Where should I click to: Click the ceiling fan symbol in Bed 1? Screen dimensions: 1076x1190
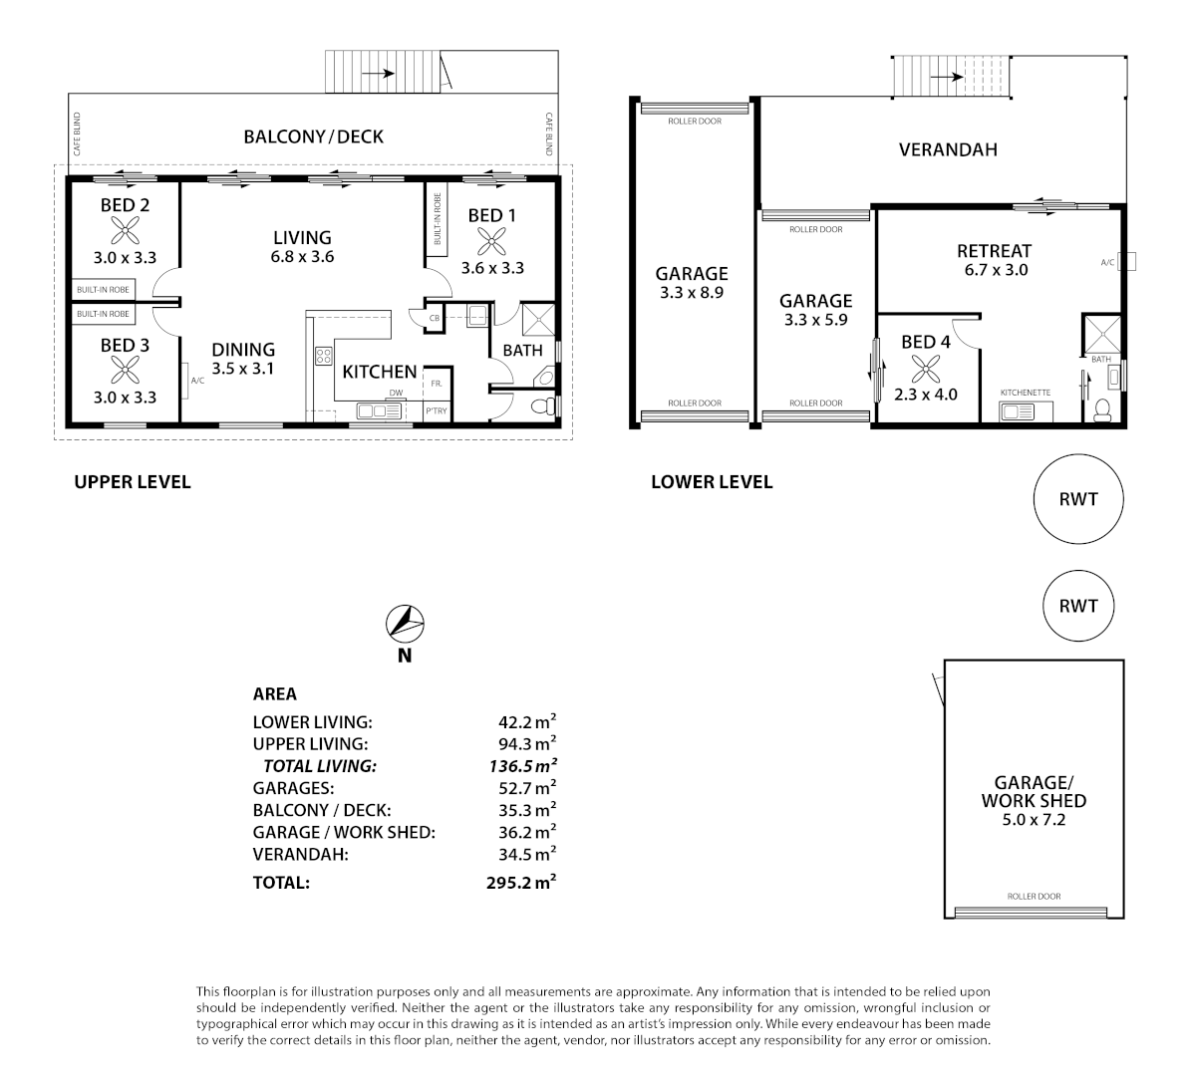click(489, 241)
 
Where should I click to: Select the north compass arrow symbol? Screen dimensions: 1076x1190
click(404, 624)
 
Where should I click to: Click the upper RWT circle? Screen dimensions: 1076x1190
click(1078, 498)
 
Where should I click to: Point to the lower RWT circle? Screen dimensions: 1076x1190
click(1078, 606)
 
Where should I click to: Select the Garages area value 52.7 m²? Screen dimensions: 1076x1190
click(526, 788)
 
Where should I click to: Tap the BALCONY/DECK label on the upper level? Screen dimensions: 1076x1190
click(313, 136)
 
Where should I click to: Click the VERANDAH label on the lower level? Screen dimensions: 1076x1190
click(947, 150)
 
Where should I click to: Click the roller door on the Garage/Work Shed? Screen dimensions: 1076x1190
click(1034, 910)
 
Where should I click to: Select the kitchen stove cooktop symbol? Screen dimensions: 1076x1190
click(324, 355)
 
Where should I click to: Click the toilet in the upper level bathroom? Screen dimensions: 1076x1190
click(542, 406)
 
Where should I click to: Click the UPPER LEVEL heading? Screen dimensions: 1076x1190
click(132, 482)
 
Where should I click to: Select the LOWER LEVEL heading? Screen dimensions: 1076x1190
click(711, 482)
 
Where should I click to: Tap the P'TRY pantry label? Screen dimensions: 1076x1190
click(436, 410)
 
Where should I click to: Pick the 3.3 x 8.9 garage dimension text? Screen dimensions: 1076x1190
click(691, 294)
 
